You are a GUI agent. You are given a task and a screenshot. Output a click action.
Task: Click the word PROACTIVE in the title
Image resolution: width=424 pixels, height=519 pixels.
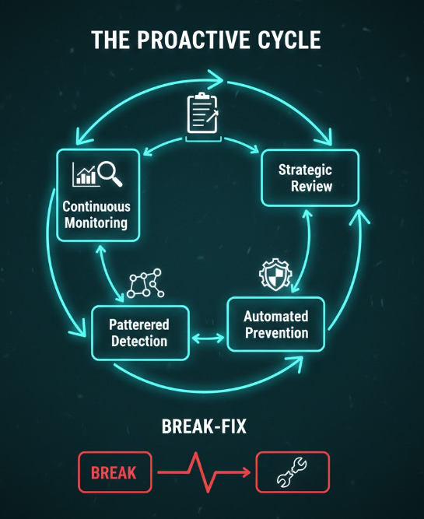[x=194, y=40]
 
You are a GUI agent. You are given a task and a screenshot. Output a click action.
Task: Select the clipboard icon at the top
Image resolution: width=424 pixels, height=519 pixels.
[x=202, y=113]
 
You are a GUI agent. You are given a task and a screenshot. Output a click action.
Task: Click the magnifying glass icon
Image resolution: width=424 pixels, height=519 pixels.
[x=110, y=174]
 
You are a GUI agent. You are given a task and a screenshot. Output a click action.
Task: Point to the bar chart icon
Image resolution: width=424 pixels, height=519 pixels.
[x=85, y=174]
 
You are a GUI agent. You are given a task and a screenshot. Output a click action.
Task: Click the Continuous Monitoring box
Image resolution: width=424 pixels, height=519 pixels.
[x=98, y=195]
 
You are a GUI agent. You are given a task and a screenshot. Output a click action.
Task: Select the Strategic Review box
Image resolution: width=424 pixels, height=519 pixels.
[x=310, y=177]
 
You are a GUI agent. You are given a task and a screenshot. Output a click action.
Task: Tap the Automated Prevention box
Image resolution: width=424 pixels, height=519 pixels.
[x=276, y=324]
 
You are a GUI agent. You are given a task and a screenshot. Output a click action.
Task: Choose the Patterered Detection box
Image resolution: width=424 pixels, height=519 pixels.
[x=140, y=333]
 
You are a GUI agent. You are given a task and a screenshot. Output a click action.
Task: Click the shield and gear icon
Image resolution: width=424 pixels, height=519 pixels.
[x=275, y=275]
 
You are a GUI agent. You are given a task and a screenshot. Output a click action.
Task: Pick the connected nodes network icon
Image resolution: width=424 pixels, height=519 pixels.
[x=145, y=283]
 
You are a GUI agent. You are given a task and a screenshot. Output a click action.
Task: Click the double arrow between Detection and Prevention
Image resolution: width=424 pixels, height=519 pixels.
[x=208, y=338]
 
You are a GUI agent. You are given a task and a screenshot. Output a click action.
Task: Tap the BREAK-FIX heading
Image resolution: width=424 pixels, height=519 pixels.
[x=204, y=426]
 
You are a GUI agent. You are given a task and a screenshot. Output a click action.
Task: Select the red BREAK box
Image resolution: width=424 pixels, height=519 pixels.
[x=115, y=472]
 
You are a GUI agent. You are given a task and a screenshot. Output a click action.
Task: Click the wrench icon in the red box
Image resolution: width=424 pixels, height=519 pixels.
[x=292, y=472]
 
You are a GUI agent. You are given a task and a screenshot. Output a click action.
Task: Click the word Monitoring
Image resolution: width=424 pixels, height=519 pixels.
[x=96, y=223]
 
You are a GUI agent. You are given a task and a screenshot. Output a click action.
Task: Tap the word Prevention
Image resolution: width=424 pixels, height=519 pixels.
[x=277, y=333]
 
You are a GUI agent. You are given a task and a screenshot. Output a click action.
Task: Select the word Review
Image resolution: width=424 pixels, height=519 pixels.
[x=311, y=186]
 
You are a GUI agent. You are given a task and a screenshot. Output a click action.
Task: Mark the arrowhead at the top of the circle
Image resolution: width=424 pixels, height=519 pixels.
[x=217, y=79]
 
